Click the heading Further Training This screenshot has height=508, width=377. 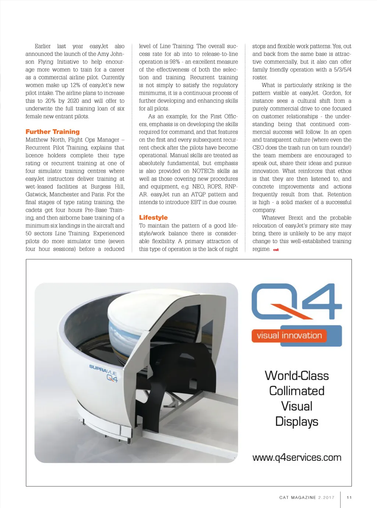pyautogui.click(x=53, y=132)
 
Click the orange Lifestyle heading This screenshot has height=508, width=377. pyautogui.click(x=153, y=218)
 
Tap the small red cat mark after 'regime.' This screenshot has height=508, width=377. pyautogui.click(x=276, y=250)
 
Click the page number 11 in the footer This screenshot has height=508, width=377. pyautogui.click(x=349, y=497)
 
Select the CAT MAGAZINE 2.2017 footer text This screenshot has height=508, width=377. pyautogui.click(x=307, y=497)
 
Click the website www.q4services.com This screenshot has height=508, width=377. pyautogui.click(x=297, y=458)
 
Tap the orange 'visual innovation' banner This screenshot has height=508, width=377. pyautogui.click(x=289, y=336)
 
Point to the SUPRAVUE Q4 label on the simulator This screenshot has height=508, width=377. pyautogui.click(x=104, y=372)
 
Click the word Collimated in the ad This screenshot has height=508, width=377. pyautogui.click(x=297, y=391)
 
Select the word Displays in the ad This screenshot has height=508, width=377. pyautogui.click(x=297, y=422)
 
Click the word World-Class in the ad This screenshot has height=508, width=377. pyautogui.click(x=297, y=376)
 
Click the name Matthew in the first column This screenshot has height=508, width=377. pyautogui.click(x=37, y=140)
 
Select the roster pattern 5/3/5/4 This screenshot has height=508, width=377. pyautogui.click(x=342, y=70)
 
